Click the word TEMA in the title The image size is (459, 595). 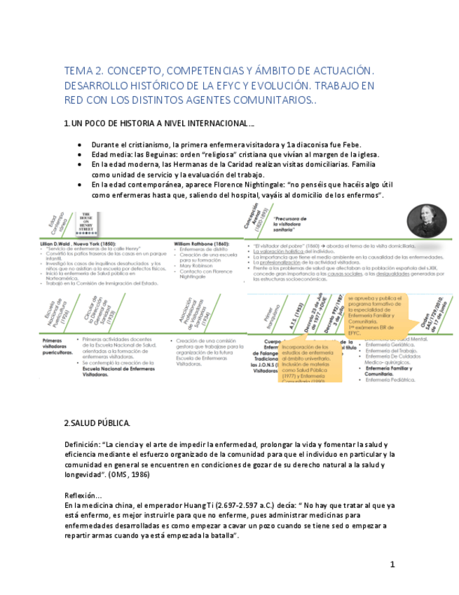point(77,72)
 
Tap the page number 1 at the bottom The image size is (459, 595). point(393,564)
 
